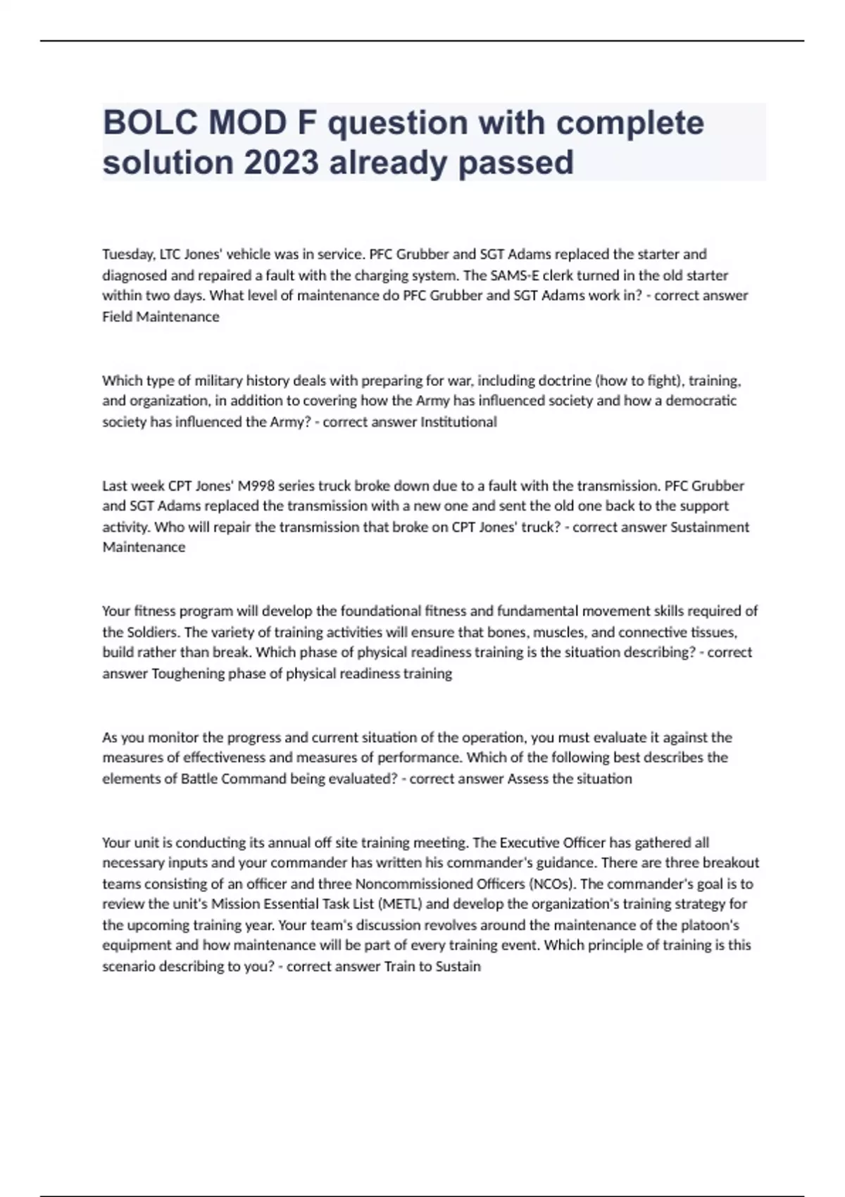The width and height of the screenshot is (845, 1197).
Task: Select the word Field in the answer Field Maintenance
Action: pos(117,317)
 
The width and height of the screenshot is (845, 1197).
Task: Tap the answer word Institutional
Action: pos(458,422)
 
